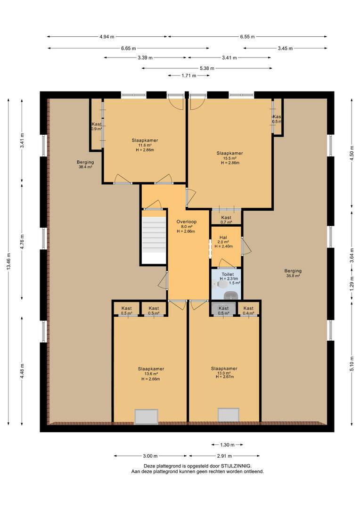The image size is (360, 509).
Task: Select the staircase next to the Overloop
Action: coord(154,237)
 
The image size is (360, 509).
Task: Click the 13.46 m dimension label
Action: coord(9,261)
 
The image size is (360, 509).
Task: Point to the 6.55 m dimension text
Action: coord(247,37)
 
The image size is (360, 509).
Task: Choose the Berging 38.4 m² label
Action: coord(85,164)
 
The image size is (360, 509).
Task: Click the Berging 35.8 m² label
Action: coord(293,273)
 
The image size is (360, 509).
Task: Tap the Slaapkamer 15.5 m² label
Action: coord(230,158)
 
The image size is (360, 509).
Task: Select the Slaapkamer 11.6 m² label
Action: coord(145,145)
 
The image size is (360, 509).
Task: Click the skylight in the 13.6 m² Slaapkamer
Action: coord(147,417)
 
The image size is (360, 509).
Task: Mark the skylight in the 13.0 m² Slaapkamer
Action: coord(228,415)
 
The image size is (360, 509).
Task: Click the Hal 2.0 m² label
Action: coord(223,242)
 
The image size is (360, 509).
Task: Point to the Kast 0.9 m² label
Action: coord(97,126)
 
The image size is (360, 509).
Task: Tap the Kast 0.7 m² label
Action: coord(226,220)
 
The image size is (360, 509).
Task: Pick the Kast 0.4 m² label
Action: coord(248,311)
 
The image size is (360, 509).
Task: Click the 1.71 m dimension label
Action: coord(188,75)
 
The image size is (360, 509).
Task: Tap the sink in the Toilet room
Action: coord(231,296)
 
